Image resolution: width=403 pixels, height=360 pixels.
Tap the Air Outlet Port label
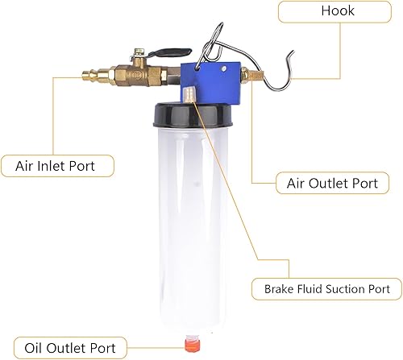331,183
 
